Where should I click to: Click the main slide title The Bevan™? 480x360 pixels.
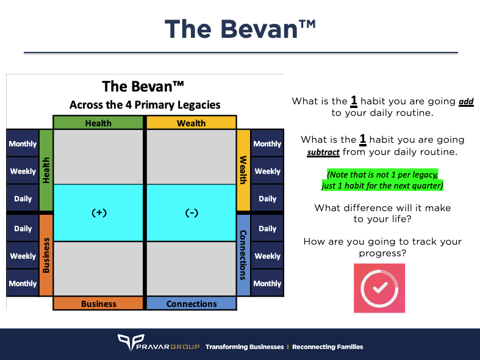coord(240,29)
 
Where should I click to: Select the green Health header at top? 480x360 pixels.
coord(98,123)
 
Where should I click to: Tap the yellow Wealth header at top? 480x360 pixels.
coord(191,123)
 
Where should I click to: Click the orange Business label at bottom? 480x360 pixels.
coord(98,303)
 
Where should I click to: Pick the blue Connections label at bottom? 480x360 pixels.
coord(191,303)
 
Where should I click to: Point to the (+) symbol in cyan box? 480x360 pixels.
coord(99,213)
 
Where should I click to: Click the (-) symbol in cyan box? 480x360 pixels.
coord(192,213)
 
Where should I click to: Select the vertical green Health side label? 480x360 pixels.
coord(46,170)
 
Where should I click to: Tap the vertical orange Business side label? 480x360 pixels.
coord(46,254)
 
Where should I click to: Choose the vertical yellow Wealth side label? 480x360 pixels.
coord(243,170)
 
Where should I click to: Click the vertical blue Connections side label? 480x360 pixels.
coord(243,254)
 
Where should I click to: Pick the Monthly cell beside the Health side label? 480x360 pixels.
coord(23,144)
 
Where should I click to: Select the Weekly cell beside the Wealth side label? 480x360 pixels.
coord(267,171)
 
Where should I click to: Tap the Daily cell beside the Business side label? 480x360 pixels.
coord(23,228)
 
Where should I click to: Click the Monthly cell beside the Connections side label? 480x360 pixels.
coord(267,283)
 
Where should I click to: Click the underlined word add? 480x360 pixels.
coord(467,101)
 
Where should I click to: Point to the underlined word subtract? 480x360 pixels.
coord(324,152)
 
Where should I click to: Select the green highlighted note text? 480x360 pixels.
coord(382,179)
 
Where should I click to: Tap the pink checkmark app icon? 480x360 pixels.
coord(379,288)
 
